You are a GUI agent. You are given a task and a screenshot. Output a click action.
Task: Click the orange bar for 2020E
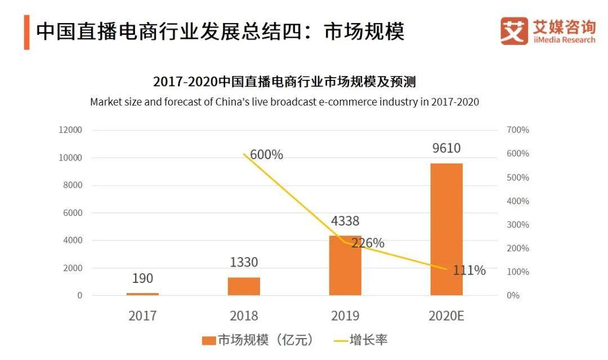(x=446, y=229)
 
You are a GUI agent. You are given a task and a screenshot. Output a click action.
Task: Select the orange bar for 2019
(x=345, y=265)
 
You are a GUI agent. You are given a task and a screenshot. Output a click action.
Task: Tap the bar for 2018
(x=244, y=286)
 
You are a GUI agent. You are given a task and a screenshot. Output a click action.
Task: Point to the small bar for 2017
(x=142, y=294)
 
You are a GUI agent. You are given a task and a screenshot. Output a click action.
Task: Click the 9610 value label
(x=446, y=148)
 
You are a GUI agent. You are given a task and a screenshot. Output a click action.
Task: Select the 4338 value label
(x=345, y=221)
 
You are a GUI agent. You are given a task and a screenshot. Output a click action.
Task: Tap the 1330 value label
(x=244, y=262)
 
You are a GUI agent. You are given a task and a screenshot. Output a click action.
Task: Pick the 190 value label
(x=142, y=278)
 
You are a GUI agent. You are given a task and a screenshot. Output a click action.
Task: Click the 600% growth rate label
(x=266, y=155)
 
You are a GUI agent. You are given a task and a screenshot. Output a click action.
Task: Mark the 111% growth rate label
(x=469, y=271)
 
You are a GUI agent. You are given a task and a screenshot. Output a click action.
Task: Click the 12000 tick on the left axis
(x=70, y=130)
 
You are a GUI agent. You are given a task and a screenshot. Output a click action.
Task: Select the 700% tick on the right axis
(x=518, y=130)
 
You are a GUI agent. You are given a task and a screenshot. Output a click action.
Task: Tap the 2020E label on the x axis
(x=446, y=316)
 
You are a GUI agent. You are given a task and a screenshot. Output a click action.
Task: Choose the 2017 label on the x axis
(x=142, y=316)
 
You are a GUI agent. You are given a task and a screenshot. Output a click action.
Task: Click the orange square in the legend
(x=208, y=340)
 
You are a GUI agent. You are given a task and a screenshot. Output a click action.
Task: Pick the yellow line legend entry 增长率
(x=360, y=340)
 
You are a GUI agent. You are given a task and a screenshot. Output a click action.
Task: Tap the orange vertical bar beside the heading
(x=26, y=32)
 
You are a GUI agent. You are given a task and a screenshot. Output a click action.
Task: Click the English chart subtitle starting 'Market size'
(x=284, y=102)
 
